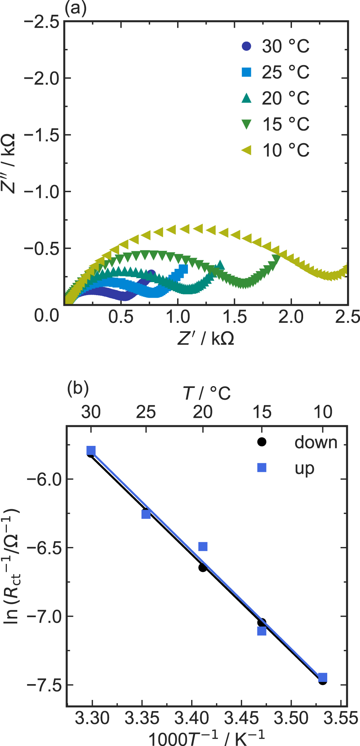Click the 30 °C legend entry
coord(275,46)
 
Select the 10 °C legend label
coord(286,150)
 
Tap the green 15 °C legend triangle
coord(247,124)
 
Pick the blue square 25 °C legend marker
coord(247,72)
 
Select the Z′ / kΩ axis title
coord(206,338)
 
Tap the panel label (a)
coord(75,8)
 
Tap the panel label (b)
coord(78,389)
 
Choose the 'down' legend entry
coord(315,442)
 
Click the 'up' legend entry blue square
coord(262,467)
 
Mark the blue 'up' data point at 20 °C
coord(203,547)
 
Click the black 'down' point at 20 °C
coord(203,568)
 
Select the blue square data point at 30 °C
coord(91,451)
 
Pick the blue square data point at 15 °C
coord(262,631)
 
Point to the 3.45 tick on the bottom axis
coord(241,718)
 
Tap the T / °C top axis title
coord(207,393)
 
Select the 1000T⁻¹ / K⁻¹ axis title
coord(206,737)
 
